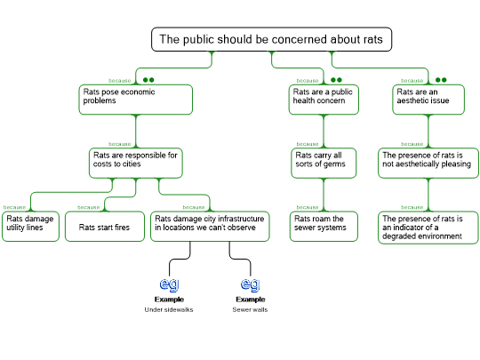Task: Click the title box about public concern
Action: (x=271, y=39)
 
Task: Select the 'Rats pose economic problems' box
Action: (x=136, y=100)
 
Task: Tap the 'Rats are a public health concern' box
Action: (x=324, y=100)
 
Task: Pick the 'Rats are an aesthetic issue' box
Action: (x=428, y=100)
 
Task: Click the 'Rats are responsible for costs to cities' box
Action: (x=136, y=164)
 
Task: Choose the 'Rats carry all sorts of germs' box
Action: (x=324, y=164)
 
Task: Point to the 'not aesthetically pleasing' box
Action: (x=428, y=164)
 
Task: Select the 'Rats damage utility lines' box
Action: (x=30, y=227)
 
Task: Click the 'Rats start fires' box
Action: (x=105, y=227)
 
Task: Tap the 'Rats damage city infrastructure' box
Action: (x=210, y=227)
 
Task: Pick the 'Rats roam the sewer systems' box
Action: (x=324, y=227)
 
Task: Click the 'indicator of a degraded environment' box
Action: (x=428, y=228)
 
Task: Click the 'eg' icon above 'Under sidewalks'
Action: (x=169, y=284)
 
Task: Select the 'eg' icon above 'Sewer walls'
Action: (x=251, y=284)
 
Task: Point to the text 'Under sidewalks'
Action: (x=169, y=309)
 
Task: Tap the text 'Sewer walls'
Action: (x=250, y=309)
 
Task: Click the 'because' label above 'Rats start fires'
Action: (x=89, y=207)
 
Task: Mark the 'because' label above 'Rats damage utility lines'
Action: (x=14, y=207)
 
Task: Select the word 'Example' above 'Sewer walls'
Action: (x=251, y=300)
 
